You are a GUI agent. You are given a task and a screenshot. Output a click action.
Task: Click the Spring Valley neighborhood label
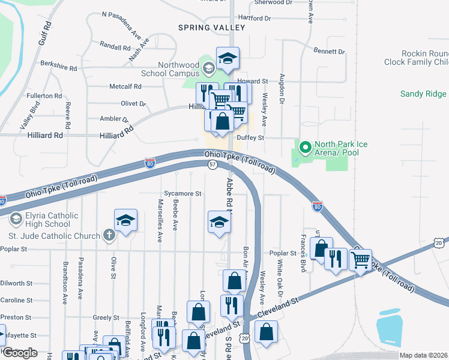coord(212,28)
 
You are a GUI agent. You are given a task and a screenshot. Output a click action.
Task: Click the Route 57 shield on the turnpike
coord(212,164)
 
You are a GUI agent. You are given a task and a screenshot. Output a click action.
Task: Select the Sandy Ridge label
coord(423,94)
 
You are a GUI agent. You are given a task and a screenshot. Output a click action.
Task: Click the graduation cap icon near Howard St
coord(228,58)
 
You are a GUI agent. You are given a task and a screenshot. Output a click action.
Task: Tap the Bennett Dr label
coord(330,52)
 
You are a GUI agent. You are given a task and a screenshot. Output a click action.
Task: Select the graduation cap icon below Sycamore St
coord(219,223)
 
